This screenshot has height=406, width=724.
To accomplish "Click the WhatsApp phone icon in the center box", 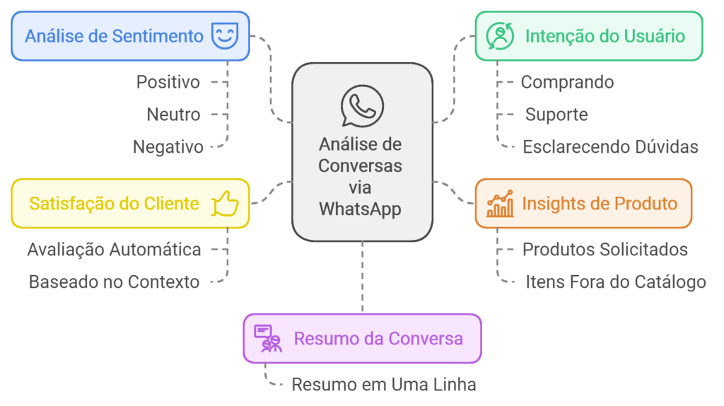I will click(x=361, y=106).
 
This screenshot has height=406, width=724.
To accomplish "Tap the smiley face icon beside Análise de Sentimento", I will click(x=225, y=35).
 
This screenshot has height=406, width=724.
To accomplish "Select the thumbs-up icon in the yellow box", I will click(x=226, y=204).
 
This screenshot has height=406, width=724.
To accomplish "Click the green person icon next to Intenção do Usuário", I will click(x=500, y=35).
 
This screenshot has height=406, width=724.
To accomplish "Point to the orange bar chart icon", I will click(x=501, y=204).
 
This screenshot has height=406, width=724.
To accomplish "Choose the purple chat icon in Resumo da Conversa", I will click(x=268, y=339).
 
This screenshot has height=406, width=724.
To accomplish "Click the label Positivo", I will click(x=168, y=82).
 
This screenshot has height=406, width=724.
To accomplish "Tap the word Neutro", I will click(x=173, y=115).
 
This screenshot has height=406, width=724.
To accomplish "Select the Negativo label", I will click(x=168, y=147).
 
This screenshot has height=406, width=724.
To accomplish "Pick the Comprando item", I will click(x=567, y=82).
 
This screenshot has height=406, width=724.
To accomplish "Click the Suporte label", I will click(x=556, y=115).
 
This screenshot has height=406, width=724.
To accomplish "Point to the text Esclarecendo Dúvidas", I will click(x=610, y=147).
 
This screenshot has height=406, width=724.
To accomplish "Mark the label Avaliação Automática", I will click(x=114, y=249).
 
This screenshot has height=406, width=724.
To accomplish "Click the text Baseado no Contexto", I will click(x=114, y=282).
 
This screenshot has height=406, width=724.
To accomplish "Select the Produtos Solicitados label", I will click(x=605, y=249).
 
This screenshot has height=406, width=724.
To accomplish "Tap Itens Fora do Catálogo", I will click(x=615, y=282).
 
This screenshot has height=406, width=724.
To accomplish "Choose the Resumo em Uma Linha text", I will click(x=383, y=385).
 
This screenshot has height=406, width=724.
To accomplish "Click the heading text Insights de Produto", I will click(x=600, y=204).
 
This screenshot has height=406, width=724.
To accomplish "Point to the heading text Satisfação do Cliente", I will click(x=114, y=204).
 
